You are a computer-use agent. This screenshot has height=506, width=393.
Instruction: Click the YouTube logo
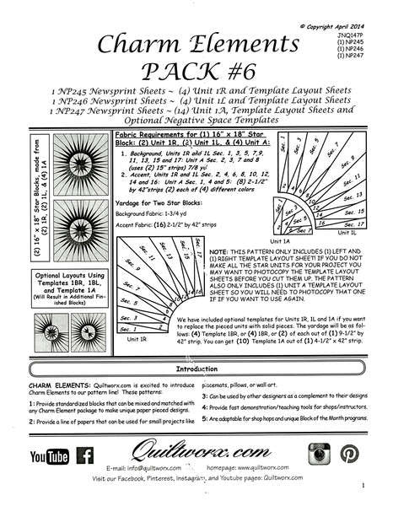(49, 456)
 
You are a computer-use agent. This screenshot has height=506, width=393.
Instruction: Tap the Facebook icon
(85, 456)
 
